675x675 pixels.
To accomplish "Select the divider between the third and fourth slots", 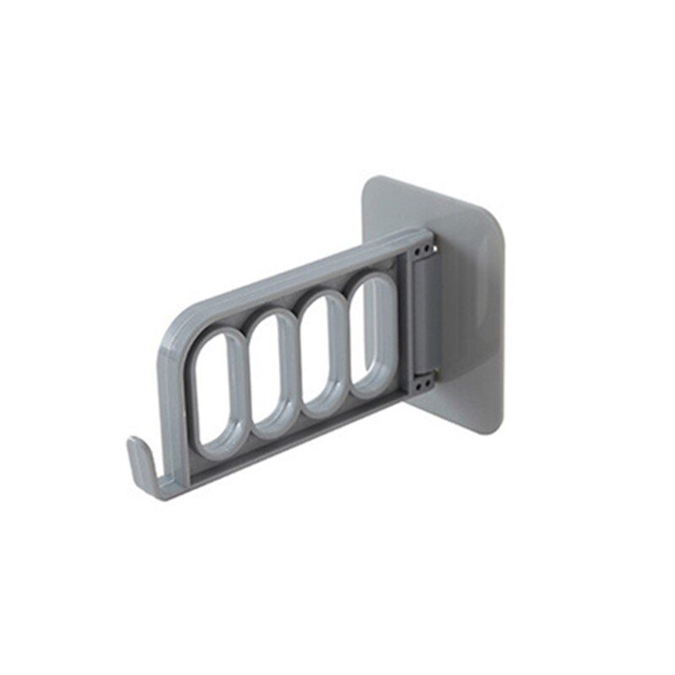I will click(x=348, y=339).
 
